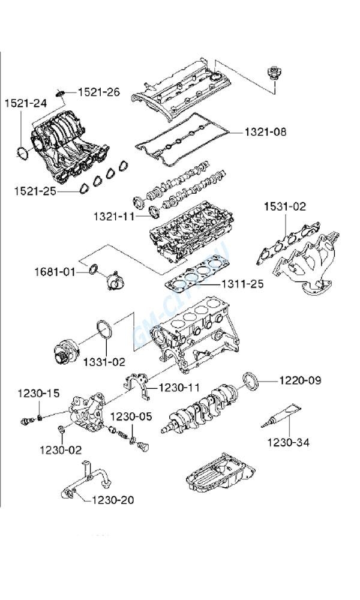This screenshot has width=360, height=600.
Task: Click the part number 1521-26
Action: [x=98, y=92]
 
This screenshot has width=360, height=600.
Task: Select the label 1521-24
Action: [x=25, y=103]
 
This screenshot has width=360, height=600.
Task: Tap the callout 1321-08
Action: [x=265, y=131]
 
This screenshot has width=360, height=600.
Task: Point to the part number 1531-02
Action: [x=285, y=207]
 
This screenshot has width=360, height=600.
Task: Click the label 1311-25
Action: [x=242, y=284]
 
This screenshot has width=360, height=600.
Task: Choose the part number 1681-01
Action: [x=55, y=272]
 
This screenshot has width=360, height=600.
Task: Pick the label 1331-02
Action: [x=104, y=361]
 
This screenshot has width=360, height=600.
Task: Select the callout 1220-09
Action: [x=300, y=380]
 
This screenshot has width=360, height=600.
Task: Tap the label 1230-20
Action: [x=112, y=500]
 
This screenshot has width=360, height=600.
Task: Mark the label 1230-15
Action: [x=38, y=394]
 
